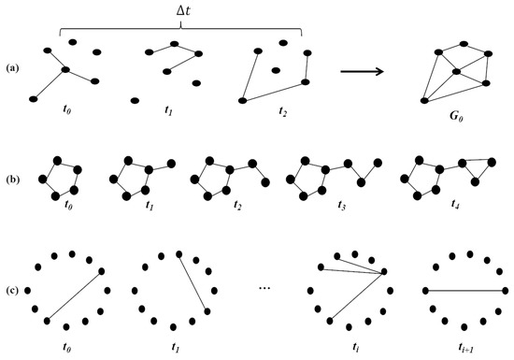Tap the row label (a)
(x=12, y=67)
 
